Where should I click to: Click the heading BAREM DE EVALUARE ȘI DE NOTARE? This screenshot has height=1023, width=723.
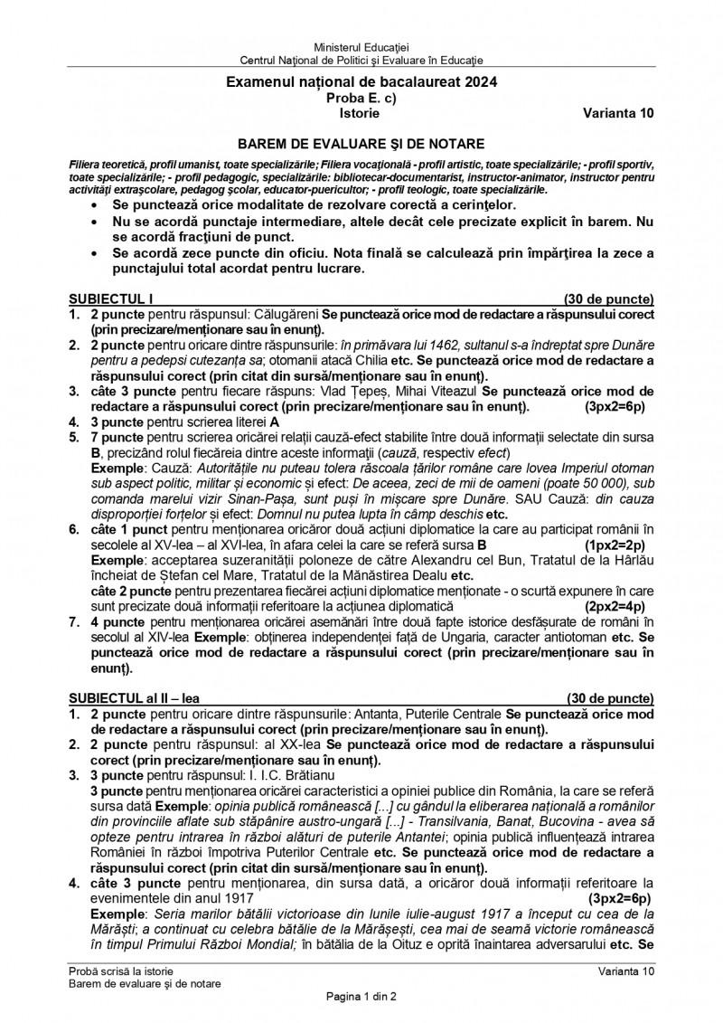pos(361,143)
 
